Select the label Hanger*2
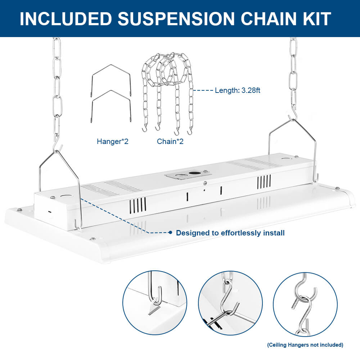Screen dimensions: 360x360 (112, 141)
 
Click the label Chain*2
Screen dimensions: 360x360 (170, 141)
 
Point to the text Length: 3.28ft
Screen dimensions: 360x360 (237, 90)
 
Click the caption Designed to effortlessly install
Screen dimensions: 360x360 (230, 233)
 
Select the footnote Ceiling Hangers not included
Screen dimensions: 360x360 (305, 345)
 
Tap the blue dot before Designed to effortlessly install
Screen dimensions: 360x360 (171, 233)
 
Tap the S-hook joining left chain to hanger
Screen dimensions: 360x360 (58, 146)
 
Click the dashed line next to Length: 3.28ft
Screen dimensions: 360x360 (203, 91)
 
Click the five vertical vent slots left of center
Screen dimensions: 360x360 (138, 204)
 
